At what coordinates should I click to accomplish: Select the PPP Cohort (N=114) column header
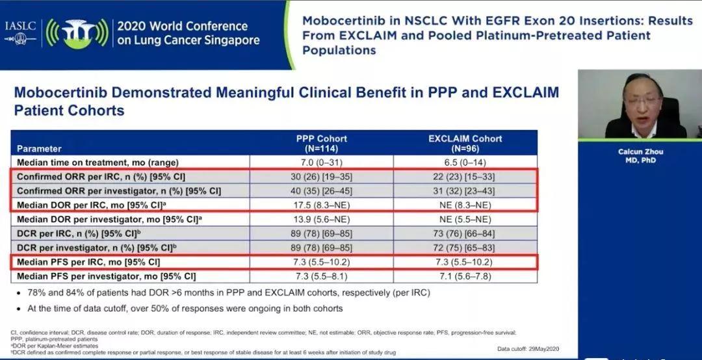coord(321,142)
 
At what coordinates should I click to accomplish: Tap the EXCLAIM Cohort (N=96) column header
coord(465,142)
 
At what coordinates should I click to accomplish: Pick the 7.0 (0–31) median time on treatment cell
coord(321,161)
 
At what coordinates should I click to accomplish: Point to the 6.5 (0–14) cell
coord(465,161)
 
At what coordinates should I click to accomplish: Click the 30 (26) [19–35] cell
coord(321,177)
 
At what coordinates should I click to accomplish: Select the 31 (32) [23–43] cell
coord(465,191)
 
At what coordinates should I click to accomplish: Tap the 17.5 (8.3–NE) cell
coord(321,205)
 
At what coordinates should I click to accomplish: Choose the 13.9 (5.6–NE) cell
coord(321,220)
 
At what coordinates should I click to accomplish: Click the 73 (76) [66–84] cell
coord(465,234)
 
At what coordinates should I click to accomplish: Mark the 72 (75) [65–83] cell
coord(465,248)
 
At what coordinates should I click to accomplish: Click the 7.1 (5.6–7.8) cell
coord(465,277)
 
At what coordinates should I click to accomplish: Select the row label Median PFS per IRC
coord(88,263)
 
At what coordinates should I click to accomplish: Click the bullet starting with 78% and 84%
coord(227,293)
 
